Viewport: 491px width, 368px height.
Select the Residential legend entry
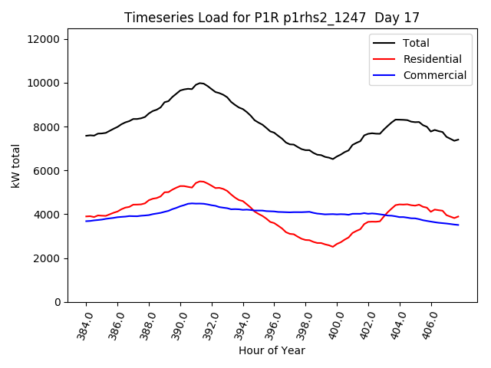click(x=432, y=59)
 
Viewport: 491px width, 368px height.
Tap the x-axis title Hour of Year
click(x=272, y=350)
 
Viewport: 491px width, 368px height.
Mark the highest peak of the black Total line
click(x=200, y=83)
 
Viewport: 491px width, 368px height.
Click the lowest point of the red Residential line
click(x=332, y=247)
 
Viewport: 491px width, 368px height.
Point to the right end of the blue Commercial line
click(x=458, y=225)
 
